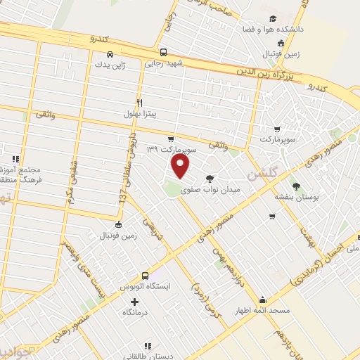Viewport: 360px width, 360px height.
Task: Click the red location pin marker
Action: tap(181, 166)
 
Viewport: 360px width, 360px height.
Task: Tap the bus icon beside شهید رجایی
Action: tap(164, 52)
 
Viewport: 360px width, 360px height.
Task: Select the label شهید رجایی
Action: tap(164, 63)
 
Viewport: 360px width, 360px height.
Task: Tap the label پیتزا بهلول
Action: tap(143, 113)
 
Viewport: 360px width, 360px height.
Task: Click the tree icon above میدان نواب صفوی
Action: tap(210, 179)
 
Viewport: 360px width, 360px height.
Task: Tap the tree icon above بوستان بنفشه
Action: tap(296, 186)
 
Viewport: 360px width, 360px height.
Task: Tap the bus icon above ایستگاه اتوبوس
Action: tap(146, 276)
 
